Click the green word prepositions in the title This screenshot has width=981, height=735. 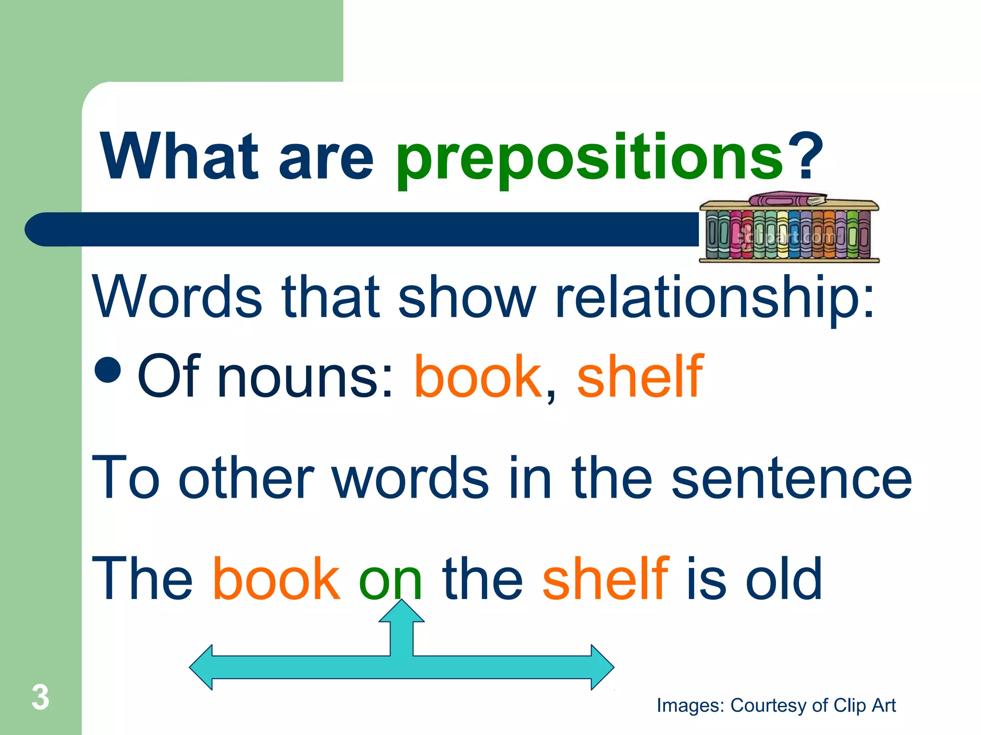[x=589, y=158]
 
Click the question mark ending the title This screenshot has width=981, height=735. [x=805, y=157]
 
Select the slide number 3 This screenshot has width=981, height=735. [x=40, y=697]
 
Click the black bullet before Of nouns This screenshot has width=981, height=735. [x=108, y=370]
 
